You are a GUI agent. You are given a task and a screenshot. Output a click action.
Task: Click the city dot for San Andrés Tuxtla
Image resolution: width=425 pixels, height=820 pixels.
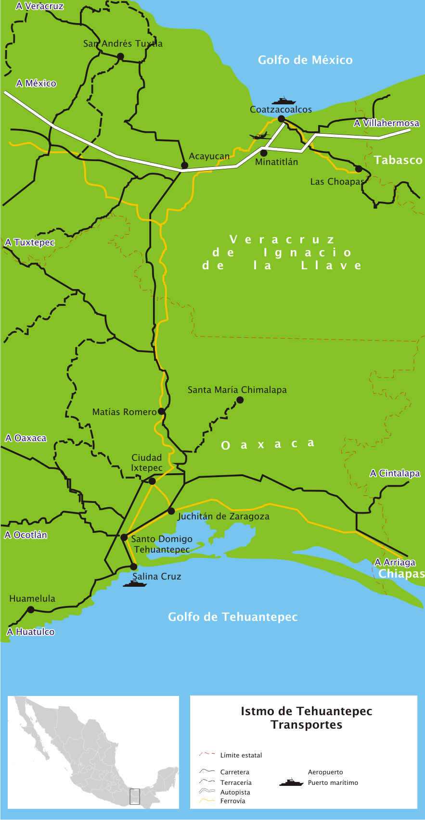click(x=120, y=56)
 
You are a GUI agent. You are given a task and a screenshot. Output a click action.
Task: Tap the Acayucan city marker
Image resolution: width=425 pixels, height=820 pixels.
click(x=184, y=165)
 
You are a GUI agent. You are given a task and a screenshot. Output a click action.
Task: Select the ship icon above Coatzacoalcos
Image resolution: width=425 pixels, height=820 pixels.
click(x=283, y=101)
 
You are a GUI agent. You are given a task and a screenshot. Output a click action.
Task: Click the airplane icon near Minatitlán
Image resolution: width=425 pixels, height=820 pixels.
click(x=260, y=136)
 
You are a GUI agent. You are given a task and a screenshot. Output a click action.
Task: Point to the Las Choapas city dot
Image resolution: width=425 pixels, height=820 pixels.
click(x=358, y=168)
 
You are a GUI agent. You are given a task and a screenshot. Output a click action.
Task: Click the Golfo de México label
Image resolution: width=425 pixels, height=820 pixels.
click(x=305, y=60)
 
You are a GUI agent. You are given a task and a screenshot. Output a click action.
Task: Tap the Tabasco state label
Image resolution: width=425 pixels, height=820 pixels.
click(x=398, y=160)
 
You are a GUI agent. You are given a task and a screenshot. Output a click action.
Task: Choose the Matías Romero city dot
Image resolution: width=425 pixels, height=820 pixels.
click(x=162, y=412)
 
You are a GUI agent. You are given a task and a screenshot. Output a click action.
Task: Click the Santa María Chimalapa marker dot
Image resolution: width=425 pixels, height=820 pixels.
click(x=240, y=400)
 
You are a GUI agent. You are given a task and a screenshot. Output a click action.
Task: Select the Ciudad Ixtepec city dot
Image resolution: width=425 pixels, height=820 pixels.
click(x=152, y=481)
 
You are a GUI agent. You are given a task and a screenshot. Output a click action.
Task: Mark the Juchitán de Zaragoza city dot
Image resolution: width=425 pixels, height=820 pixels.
click(x=171, y=511)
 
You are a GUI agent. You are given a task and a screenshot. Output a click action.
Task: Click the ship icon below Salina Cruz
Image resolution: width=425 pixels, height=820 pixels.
click(x=134, y=584)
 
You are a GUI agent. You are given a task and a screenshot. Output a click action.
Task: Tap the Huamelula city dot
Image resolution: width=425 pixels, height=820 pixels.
click(x=31, y=609)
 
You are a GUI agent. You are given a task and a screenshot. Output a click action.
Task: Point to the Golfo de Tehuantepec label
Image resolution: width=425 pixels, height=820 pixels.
click(x=232, y=617)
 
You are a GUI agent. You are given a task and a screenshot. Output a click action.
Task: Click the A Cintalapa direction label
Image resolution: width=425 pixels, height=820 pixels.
click(x=395, y=473)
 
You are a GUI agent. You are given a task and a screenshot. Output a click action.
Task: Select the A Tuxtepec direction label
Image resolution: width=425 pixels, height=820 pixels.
click(x=30, y=242)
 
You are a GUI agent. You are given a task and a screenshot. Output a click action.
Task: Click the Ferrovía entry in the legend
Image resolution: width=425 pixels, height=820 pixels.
click(x=232, y=801)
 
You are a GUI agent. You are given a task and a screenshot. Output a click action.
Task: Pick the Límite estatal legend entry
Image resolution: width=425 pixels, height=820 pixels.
click(x=241, y=755)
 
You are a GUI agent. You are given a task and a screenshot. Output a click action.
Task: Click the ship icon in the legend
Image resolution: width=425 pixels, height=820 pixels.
click(x=291, y=782)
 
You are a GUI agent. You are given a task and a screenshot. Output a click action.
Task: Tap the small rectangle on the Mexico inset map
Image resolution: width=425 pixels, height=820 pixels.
click(x=135, y=796)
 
